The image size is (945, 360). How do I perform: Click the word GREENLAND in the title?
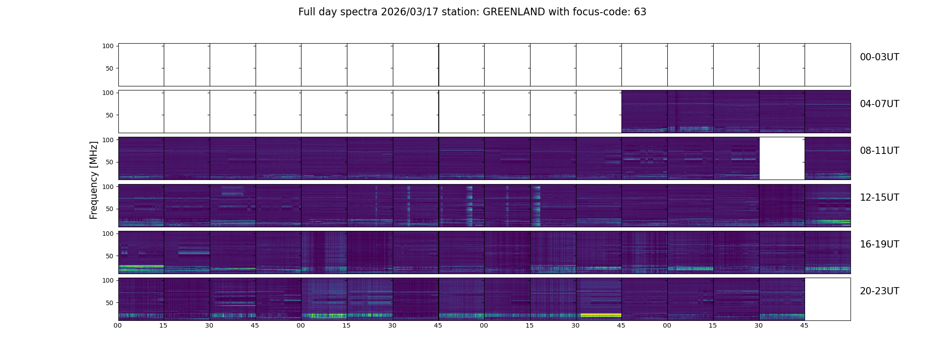pyautogui.click(x=513, y=12)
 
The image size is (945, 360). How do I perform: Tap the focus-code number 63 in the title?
pyautogui.click(x=640, y=12)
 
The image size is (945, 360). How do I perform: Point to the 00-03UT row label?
pyautogui.click(x=879, y=57)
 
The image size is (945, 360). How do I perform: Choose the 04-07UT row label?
pyautogui.click(x=879, y=104)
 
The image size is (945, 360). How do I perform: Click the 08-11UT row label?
pyautogui.click(x=879, y=151)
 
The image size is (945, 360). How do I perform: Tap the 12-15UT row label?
pyautogui.click(x=879, y=198)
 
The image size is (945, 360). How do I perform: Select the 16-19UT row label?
pyautogui.click(x=879, y=244)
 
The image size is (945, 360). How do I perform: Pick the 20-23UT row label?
pyautogui.click(x=879, y=291)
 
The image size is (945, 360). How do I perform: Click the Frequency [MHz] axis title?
pyautogui.click(x=94, y=180)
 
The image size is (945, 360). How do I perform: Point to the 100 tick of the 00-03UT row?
pyautogui.click(x=108, y=46)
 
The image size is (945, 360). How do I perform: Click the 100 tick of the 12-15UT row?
pyautogui.click(x=108, y=186)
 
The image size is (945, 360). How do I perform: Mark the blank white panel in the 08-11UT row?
pyautogui.click(x=782, y=158)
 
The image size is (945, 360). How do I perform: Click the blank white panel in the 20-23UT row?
pyautogui.click(x=827, y=299)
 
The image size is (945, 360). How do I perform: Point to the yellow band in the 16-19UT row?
pyautogui.click(x=140, y=266)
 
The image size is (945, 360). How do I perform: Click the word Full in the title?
pyautogui.click(x=306, y=12)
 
